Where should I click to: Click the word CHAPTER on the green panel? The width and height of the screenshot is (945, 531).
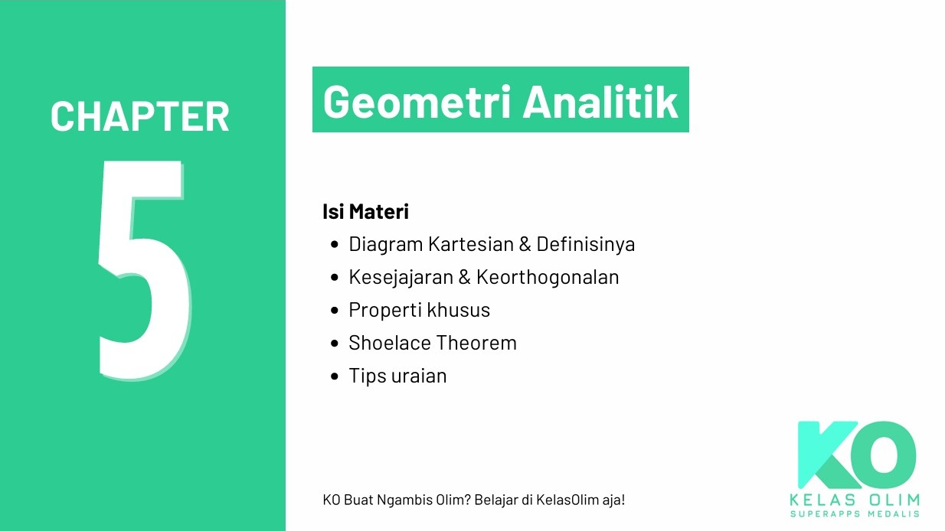[x=140, y=116]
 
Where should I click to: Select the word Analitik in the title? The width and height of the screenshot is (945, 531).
[x=600, y=101]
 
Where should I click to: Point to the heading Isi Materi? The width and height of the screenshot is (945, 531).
[x=365, y=212]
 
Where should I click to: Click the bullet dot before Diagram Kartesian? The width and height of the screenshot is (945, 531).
[x=334, y=245]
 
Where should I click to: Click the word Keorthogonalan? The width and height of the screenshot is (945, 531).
[x=547, y=277]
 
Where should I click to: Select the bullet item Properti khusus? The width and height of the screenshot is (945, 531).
[x=419, y=310]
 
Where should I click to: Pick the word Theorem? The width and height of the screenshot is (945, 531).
[x=478, y=343]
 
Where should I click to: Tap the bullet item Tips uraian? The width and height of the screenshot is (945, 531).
[x=397, y=376]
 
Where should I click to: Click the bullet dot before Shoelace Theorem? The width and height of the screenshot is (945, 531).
[x=334, y=343]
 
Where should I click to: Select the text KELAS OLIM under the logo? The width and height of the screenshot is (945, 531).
[x=854, y=500]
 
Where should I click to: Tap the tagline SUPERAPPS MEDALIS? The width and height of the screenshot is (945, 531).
[x=854, y=513]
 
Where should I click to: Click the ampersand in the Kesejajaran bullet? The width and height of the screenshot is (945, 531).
[x=464, y=277]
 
